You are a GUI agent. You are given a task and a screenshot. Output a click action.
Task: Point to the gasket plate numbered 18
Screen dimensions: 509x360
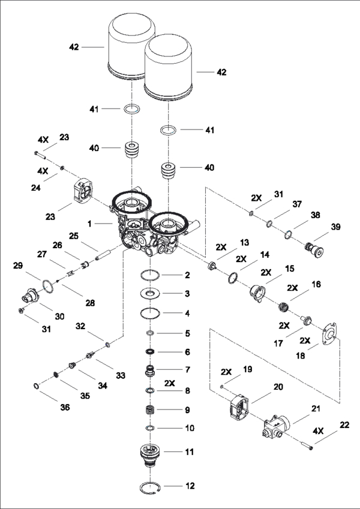click(327, 336)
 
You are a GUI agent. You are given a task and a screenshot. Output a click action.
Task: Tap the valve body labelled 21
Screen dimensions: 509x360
click(277, 426)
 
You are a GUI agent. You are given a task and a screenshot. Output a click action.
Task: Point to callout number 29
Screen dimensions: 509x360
click(17, 264)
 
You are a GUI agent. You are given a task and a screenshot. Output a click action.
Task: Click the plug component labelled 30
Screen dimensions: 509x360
click(29, 295)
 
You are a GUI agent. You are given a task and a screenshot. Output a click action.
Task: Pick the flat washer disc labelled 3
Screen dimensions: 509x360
click(151, 293)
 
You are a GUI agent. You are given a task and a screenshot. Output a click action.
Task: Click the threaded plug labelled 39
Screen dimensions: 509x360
click(312, 247)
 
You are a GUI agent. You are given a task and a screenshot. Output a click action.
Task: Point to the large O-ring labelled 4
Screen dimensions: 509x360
click(151, 312)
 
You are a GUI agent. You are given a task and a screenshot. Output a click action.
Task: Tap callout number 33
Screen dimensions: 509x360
click(121, 375)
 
